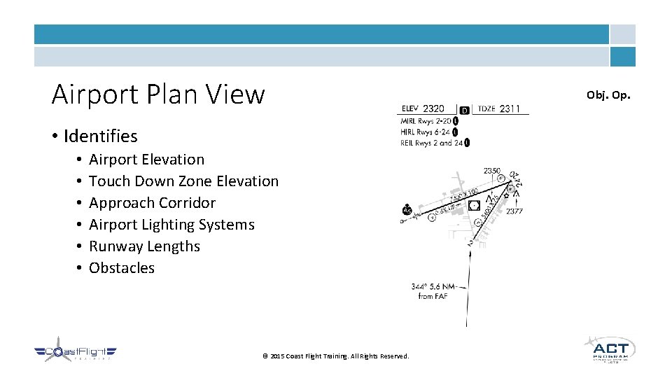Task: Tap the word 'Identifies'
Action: tap(100, 136)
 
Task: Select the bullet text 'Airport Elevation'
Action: tap(146, 160)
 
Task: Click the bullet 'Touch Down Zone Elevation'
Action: tap(183, 181)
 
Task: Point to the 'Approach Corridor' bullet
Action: tap(152, 203)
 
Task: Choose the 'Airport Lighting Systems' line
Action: tap(171, 225)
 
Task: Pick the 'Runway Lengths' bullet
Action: tap(144, 246)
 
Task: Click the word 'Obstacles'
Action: tap(122, 268)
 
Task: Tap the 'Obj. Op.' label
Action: tap(608, 94)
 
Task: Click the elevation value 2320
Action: tap(433, 108)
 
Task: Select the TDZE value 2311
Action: tap(510, 108)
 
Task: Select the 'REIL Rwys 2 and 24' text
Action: tap(431, 143)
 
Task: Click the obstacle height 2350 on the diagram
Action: tap(492, 170)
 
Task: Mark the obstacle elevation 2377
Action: tap(514, 211)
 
